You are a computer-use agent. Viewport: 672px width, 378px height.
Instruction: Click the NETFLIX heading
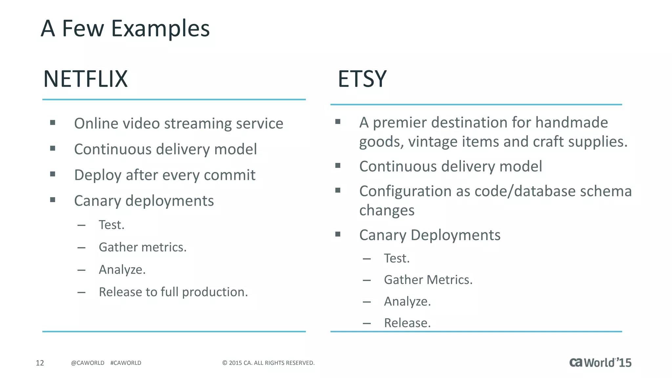pyautogui.click(x=85, y=79)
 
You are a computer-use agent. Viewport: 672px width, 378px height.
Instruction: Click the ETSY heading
pyautogui.click(x=362, y=79)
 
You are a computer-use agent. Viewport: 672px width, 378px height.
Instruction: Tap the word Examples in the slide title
pyautogui.click(x=160, y=29)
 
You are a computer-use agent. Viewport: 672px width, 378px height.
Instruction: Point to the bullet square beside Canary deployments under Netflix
pyautogui.click(x=52, y=200)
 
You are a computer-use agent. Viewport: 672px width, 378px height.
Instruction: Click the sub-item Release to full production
pyautogui.click(x=173, y=292)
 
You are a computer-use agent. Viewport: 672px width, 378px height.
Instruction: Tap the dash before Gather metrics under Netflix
pyautogui.click(x=81, y=248)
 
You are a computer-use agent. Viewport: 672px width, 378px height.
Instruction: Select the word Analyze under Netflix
pyautogui.click(x=121, y=270)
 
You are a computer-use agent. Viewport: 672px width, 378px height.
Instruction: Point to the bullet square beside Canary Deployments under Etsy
pyautogui.click(x=338, y=234)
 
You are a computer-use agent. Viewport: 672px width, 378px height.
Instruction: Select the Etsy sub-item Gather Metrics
pyautogui.click(x=428, y=280)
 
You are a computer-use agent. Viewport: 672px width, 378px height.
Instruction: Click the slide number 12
pyautogui.click(x=40, y=363)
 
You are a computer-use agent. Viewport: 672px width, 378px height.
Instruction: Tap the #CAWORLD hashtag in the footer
pyautogui.click(x=126, y=363)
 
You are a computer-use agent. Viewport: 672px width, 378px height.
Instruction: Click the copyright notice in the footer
pyautogui.click(x=268, y=363)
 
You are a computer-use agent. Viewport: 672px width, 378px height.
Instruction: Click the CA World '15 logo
pyautogui.click(x=600, y=363)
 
